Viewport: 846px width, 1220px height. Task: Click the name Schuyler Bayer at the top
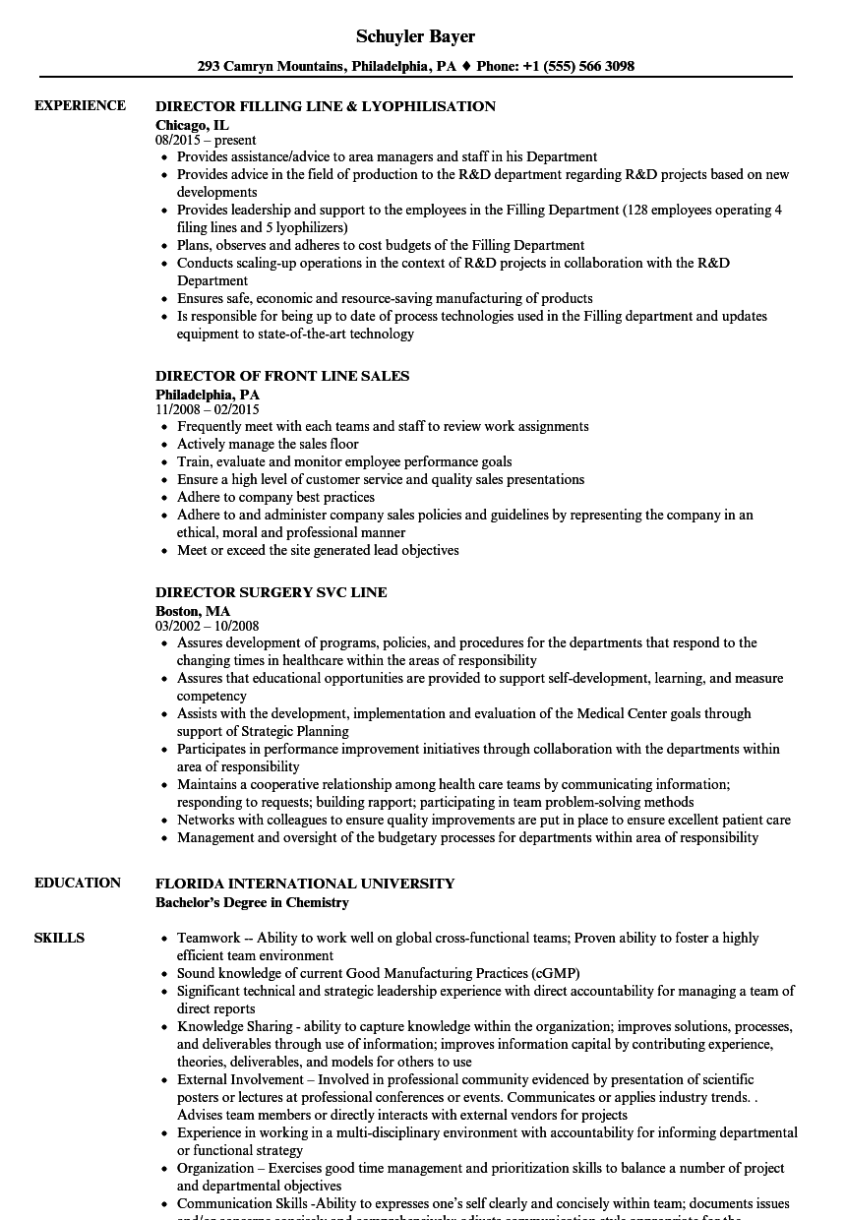415,36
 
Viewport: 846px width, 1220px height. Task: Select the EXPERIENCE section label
80,105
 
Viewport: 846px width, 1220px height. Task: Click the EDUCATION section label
78,883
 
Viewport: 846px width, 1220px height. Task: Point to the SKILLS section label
59,938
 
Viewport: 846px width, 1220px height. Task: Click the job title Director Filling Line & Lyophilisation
326,106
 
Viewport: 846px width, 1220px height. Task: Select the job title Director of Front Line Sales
282,376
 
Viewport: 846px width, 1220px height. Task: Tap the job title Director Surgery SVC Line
272,592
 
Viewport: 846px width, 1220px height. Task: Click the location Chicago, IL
192,125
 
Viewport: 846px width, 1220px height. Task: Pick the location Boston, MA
193,611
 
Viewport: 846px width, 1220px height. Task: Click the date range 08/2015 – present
207,141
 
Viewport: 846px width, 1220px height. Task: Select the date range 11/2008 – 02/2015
208,409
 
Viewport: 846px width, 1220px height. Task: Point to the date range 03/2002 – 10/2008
208,626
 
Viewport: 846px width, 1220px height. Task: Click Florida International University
305,884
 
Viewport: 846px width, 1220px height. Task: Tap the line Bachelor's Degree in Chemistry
252,902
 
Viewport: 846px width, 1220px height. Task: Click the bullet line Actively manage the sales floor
268,444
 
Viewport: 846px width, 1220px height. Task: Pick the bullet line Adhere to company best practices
275,497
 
